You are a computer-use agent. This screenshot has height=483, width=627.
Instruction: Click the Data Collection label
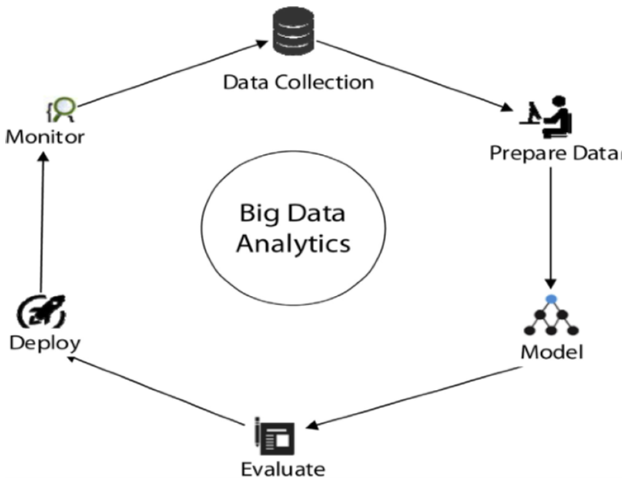[298, 82]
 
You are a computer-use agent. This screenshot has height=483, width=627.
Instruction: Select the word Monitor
[45, 137]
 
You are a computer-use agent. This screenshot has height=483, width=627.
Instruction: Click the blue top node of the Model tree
[551, 299]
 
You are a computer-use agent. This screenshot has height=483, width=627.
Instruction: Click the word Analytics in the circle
[293, 244]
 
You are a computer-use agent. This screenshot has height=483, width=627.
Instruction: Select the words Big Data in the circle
[292, 213]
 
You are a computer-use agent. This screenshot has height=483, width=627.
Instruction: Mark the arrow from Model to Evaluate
[415, 397]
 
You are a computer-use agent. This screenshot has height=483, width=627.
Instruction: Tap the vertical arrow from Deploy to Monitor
[42, 223]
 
